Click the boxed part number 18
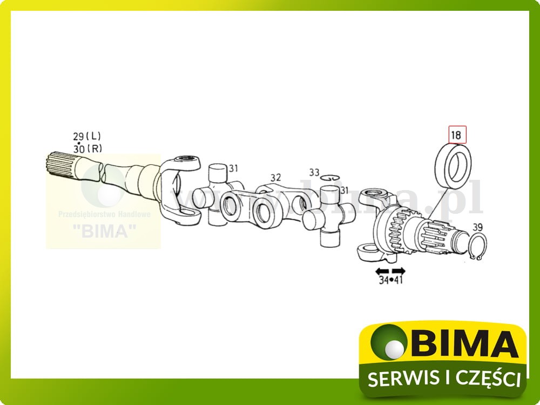coord(456,134)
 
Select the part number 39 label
coord(478,227)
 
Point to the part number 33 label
coord(314,173)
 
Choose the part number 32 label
coord(276,177)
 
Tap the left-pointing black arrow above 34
coord(382,271)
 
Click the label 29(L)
coord(87,137)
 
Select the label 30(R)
coord(87,148)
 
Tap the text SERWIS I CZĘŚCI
coord(443,379)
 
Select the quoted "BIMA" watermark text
coord(104,231)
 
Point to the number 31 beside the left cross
coord(233,168)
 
